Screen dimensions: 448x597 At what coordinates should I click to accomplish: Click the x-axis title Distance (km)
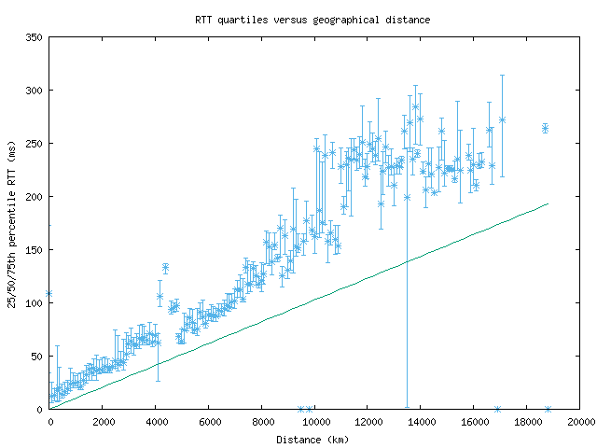312,439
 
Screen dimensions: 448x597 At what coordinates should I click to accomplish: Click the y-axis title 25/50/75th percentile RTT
11,223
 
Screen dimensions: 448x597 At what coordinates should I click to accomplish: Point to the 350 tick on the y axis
34,37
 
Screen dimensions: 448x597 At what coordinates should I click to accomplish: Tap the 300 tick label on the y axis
34,91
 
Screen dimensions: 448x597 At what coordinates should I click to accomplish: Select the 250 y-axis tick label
34,144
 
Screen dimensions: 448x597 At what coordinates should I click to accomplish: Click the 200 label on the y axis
34,197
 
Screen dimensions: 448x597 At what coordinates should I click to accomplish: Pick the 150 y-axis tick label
34,250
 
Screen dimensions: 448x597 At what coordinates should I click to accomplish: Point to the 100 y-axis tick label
34,303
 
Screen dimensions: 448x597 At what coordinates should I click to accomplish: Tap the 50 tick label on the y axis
36,357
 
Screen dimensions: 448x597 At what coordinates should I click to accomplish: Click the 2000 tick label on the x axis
102,422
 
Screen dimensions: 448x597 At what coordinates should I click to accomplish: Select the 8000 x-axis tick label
261,422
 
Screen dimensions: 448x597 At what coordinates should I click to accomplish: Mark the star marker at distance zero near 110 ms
49,293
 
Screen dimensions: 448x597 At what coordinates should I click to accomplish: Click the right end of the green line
548,203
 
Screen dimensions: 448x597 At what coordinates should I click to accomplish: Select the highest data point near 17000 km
502,119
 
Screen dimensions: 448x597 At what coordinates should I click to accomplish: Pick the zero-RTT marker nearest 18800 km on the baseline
548,409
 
